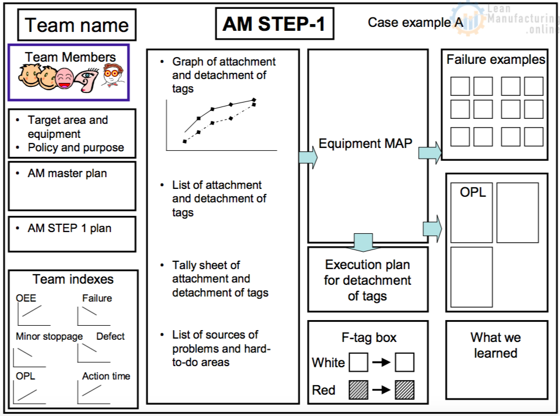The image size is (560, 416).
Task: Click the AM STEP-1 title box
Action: click(274, 25)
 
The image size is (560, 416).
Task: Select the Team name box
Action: click(77, 25)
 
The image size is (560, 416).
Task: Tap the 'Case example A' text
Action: click(415, 22)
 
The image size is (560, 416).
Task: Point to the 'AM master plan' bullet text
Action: click(67, 174)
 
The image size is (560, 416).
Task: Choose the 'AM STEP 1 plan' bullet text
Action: click(70, 228)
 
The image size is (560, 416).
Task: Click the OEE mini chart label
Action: click(26, 298)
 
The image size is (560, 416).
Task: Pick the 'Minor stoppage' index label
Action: click(49, 336)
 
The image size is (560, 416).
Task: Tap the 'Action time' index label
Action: click(106, 376)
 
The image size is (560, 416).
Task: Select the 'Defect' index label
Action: click(111, 336)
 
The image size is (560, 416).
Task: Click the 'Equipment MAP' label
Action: click(365, 144)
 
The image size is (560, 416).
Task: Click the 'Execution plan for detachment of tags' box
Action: click(368, 280)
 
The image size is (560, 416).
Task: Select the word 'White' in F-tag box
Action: click(328, 363)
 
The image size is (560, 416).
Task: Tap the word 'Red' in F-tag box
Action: click(324, 390)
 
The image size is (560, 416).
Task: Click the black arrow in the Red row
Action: click(381, 390)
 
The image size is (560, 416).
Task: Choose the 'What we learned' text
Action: click(495, 345)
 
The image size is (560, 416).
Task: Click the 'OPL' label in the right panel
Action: click(473, 192)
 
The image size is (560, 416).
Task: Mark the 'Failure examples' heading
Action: click(495, 60)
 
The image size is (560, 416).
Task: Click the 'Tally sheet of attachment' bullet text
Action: click(220, 279)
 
